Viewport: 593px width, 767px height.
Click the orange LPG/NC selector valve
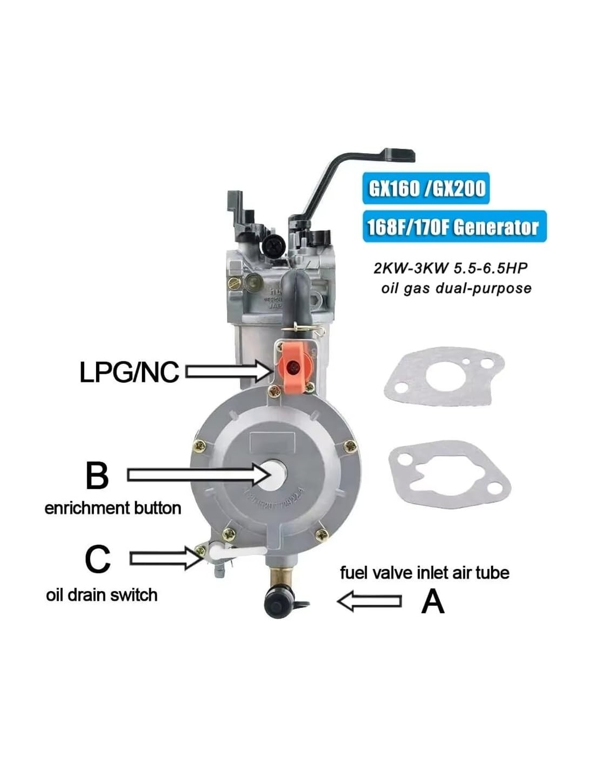pos(292,367)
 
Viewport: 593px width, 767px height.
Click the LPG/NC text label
pos(129,372)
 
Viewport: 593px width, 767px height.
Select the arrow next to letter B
pos(199,475)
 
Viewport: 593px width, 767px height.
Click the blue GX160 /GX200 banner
pos(426,188)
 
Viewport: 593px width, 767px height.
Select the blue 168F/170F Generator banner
pos(454,226)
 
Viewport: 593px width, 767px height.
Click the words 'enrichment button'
pos(113,509)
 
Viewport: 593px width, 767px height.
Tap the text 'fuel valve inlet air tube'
pos(425,573)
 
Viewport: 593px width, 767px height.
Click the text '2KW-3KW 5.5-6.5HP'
pos(451,269)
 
